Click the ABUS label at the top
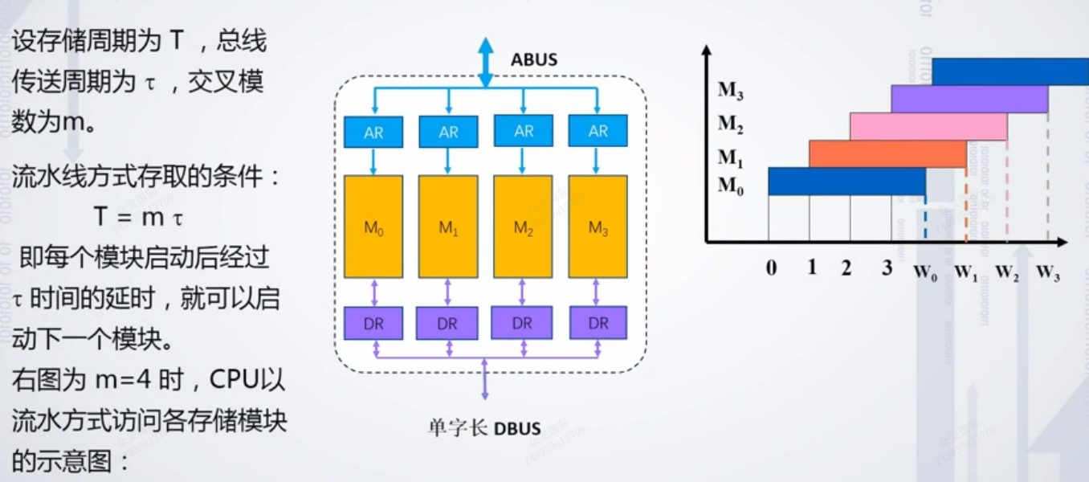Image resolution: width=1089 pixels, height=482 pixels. point(533,59)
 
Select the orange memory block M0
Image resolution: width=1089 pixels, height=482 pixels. point(373,227)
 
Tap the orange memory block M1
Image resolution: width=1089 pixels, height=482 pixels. point(448,227)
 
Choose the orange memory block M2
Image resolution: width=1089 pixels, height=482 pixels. point(523,227)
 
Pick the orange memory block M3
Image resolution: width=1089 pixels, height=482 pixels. point(598,227)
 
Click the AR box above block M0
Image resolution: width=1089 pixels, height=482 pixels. point(373,133)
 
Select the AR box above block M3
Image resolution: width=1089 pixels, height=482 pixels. point(598,132)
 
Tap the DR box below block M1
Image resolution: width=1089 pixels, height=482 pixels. point(448,324)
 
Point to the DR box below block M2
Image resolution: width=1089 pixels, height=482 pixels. point(523,323)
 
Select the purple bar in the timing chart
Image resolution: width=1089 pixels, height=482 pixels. point(969,99)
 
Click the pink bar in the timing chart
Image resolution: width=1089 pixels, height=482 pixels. point(928,126)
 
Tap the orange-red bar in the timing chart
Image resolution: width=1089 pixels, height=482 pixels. point(887,153)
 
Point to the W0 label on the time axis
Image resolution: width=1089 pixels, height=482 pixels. point(925,270)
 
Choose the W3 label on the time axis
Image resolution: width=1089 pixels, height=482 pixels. point(1048,272)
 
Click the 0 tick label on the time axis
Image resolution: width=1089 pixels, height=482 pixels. point(772,268)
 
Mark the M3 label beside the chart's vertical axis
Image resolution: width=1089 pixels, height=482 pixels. point(730,89)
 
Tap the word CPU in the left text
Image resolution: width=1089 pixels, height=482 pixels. point(231,380)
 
